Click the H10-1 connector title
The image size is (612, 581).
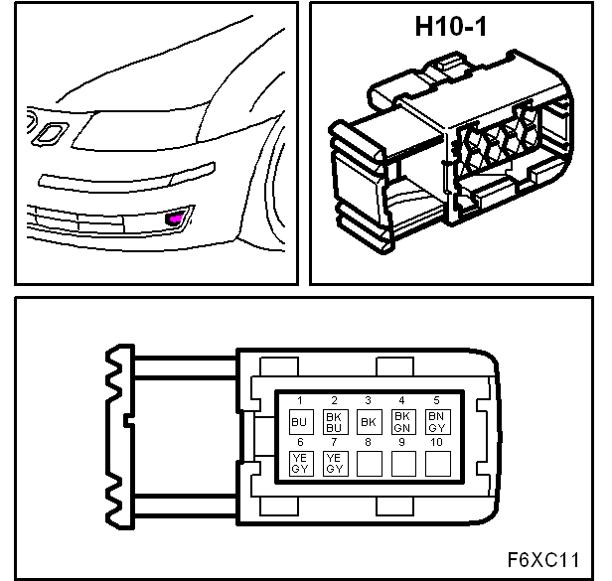pos(451,27)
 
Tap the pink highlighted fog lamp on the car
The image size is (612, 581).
pos(176,218)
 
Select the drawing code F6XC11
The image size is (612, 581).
pos(543,560)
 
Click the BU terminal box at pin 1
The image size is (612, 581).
pos(301,422)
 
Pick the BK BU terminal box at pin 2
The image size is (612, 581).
pos(335,422)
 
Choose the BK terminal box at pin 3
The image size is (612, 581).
pos(370,422)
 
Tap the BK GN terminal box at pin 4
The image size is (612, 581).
pos(403,422)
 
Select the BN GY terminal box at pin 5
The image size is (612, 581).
pos(437,422)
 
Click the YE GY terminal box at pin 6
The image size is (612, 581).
pos(301,464)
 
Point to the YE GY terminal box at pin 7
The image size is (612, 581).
pos(335,464)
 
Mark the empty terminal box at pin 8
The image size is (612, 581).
pos(370,464)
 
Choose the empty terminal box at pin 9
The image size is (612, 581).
pos(403,464)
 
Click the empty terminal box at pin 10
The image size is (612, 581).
pos(437,464)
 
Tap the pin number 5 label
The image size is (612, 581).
pos(437,400)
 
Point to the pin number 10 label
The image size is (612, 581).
pos(436,442)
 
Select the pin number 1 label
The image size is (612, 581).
pos(300,400)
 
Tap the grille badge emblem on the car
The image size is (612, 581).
pos(51,134)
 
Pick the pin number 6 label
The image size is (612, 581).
pos(300,442)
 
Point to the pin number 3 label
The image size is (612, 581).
pos(368,400)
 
